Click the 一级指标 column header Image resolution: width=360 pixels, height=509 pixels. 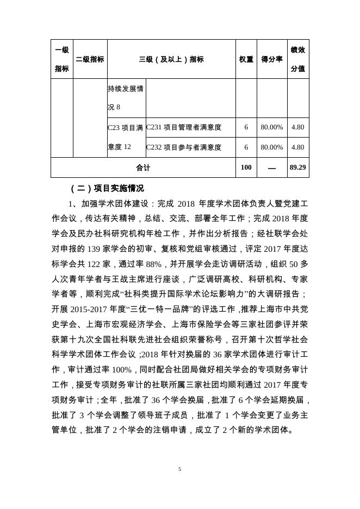coord(62,59)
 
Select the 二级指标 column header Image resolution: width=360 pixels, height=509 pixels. coord(90,59)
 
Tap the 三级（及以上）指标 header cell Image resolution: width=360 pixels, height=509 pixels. coord(171,59)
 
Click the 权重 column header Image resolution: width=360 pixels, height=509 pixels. coord(246,59)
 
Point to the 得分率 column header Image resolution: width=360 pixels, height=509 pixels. coord(272,59)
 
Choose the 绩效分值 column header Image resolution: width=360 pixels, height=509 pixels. coord(298,59)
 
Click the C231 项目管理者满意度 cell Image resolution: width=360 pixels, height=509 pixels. coord(184,127)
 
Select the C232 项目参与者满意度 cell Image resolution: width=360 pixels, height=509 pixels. coord(184,147)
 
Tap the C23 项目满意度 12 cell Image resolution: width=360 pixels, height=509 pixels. coord(126,137)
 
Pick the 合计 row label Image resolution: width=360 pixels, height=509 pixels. coord(143,167)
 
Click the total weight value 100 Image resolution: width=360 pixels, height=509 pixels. coord(246,167)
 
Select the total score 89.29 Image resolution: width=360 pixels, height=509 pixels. coord(298,167)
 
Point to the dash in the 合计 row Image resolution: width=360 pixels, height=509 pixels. coord(272,168)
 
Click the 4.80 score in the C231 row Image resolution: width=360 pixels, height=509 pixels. coord(298,127)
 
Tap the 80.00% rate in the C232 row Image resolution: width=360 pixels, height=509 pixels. coord(272,147)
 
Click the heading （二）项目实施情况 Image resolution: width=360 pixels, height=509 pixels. coord(107,189)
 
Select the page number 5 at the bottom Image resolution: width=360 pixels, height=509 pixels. coord(179,469)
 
